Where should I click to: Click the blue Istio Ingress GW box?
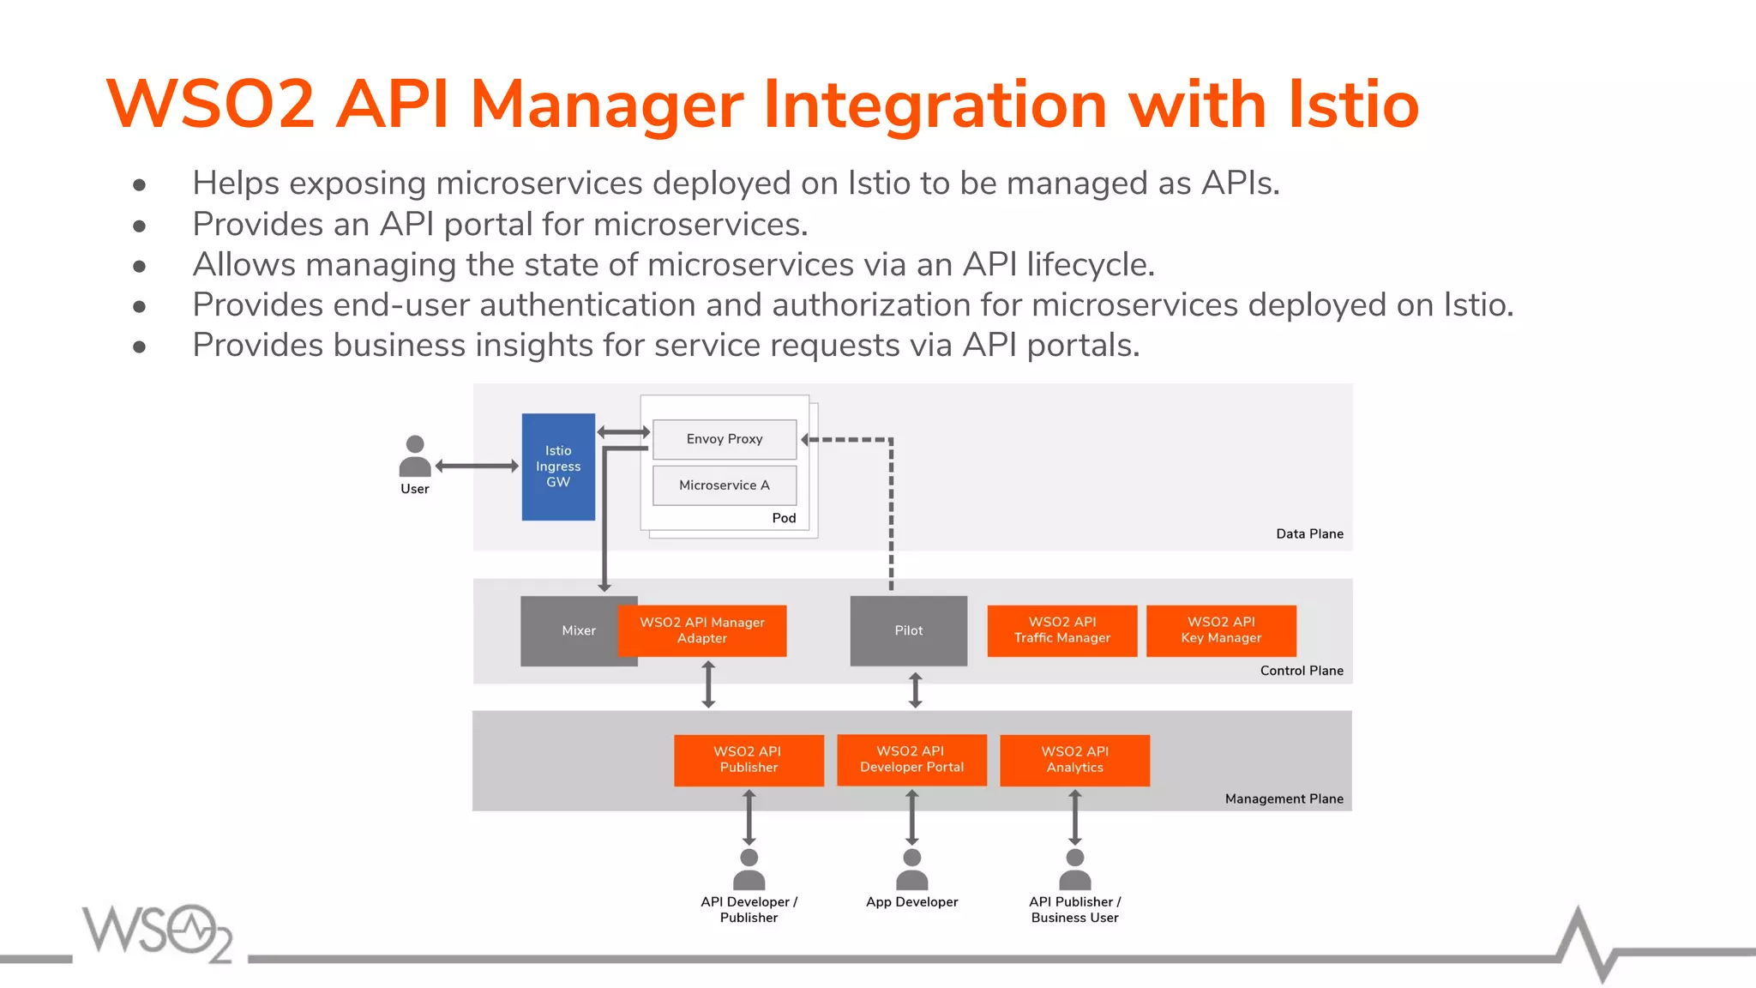click(558, 467)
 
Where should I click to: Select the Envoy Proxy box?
click(725, 439)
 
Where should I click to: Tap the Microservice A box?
click(725, 485)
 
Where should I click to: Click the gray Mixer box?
click(568, 631)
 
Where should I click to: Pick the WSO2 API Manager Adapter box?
click(702, 630)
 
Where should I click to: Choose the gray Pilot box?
click(909, 630)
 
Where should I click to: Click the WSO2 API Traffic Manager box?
click(1062, 630)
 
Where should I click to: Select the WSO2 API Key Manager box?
click(1221, 630)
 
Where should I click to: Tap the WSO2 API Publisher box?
click(749, 760)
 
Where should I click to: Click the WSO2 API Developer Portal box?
click(911, 760)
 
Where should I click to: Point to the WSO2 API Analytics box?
click(1074, 760)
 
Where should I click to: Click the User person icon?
click(415, 456)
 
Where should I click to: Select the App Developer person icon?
click(911, 870)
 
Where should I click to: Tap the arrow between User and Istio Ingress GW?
click(477, 466)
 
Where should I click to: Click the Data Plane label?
click(1309, 533)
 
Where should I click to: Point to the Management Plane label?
click(1284, 798)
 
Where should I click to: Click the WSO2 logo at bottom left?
click(158, 932)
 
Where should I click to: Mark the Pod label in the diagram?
click(784, 518)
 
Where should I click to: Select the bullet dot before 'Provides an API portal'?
click(140, 226)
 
